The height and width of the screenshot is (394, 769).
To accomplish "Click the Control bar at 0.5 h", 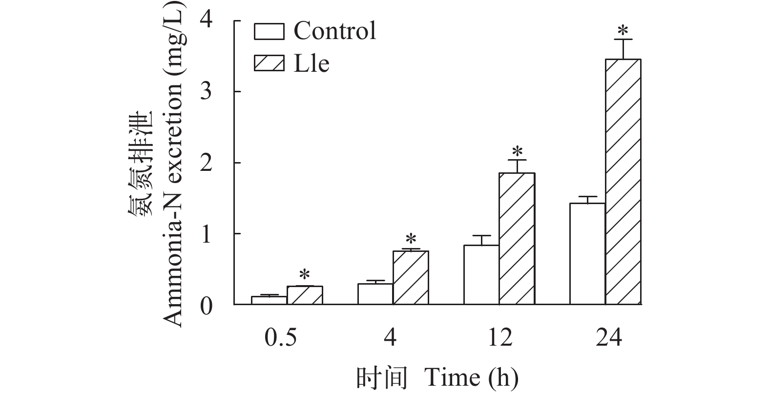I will click(269, 300).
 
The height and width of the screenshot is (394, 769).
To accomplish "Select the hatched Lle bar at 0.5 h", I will click(305, 295).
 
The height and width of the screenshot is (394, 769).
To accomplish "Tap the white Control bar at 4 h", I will click(375, 294).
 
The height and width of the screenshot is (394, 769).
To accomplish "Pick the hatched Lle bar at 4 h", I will click(411, 278).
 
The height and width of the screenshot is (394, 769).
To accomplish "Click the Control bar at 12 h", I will click(481, 275).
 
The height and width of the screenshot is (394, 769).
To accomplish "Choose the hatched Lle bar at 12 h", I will click(517, 239).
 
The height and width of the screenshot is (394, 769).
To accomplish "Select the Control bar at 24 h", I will click(587, 254).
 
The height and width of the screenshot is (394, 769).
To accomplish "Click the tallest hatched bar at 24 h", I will click(623, 182).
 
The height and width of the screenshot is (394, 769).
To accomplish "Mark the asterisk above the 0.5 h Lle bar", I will click(305, 274).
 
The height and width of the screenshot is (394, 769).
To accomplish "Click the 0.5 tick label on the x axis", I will click(280, 338).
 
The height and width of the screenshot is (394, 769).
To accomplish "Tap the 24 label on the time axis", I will click(609, 338).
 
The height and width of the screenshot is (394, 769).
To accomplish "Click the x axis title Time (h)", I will click(472, 377).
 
